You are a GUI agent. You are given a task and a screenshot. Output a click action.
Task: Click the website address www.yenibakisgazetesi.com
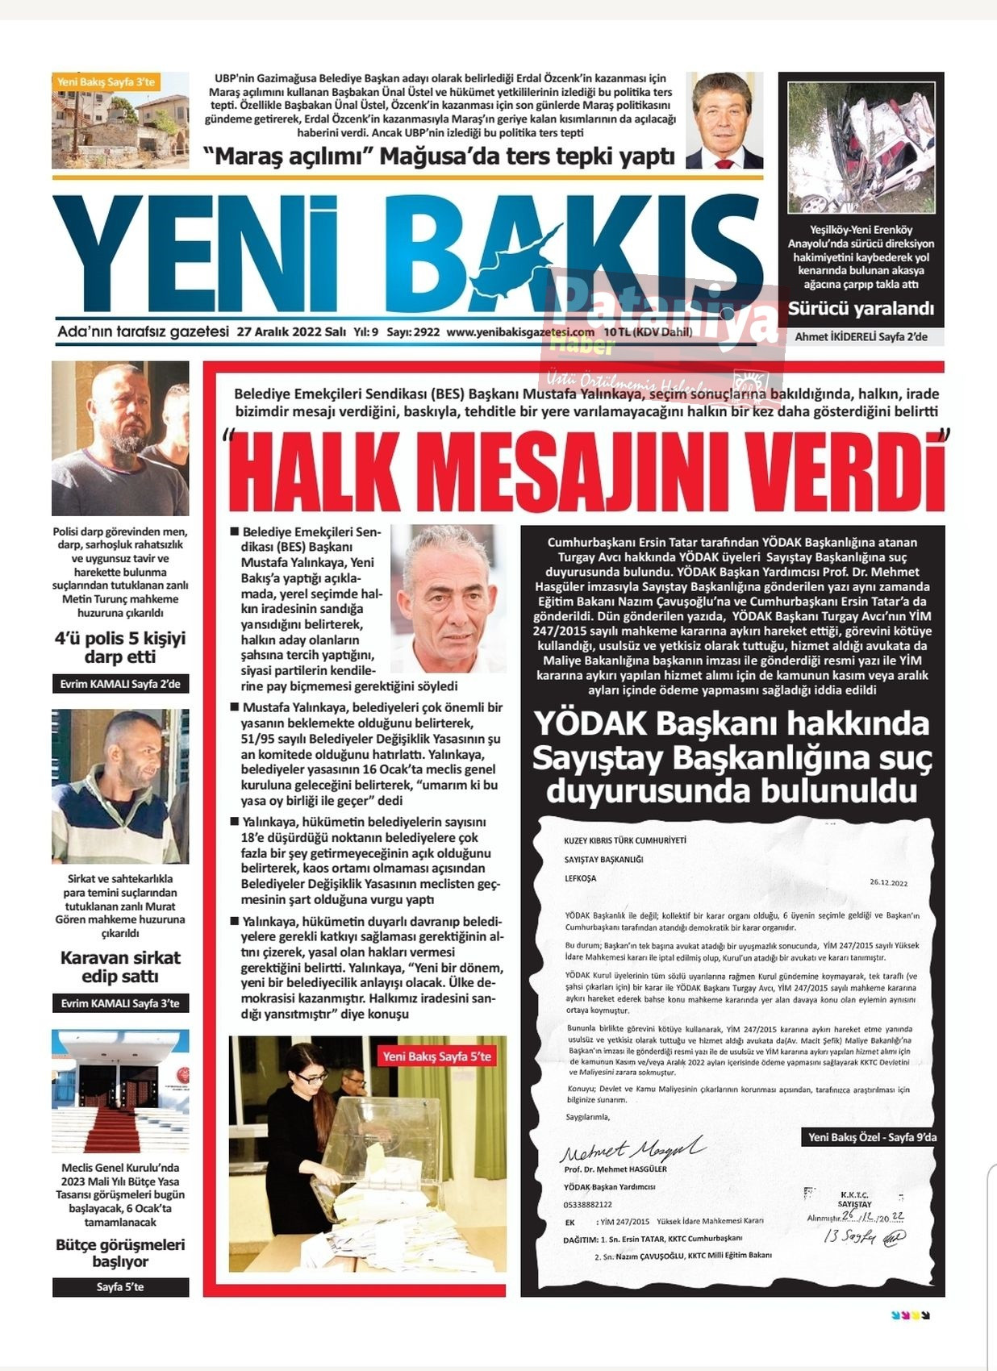pyautogui.click(x=520, y=331)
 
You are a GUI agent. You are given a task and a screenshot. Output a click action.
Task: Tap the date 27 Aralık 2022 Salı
pyautogui.click(x=291, y=331)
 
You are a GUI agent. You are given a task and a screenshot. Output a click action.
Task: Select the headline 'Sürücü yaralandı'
pyautogui.click(x=861, y=308)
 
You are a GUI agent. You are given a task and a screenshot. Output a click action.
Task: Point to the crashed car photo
pyautogui.click(x=861, y=146)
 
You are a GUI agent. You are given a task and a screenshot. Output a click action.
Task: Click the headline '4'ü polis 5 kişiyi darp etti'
pyautogui.click(x=120, y=648)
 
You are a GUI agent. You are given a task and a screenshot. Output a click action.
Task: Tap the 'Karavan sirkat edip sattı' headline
pyautogui.click(x=120, y=967)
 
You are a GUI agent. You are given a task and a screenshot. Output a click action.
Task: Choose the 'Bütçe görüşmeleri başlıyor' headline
pyautogui.click(x=120, y=1252)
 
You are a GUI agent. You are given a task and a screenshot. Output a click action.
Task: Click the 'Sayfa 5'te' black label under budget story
pyautogui.click(x=120, y=1287)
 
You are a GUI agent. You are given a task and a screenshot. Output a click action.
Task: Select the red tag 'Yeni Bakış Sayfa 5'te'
pyautogui.click(x=436, y=1056)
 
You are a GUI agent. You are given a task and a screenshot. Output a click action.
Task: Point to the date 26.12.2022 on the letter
pyautogui.click(x=888, y=882)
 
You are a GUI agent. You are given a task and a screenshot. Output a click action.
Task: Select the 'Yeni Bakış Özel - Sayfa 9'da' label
pyautogui.click(x=872, y=1137)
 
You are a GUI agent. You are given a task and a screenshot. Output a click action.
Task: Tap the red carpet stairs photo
pyautogui.click(x=120, y=1090)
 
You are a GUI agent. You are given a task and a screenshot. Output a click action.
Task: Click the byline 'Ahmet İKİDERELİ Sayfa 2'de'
pyautogui.click(x=861, y=336)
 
